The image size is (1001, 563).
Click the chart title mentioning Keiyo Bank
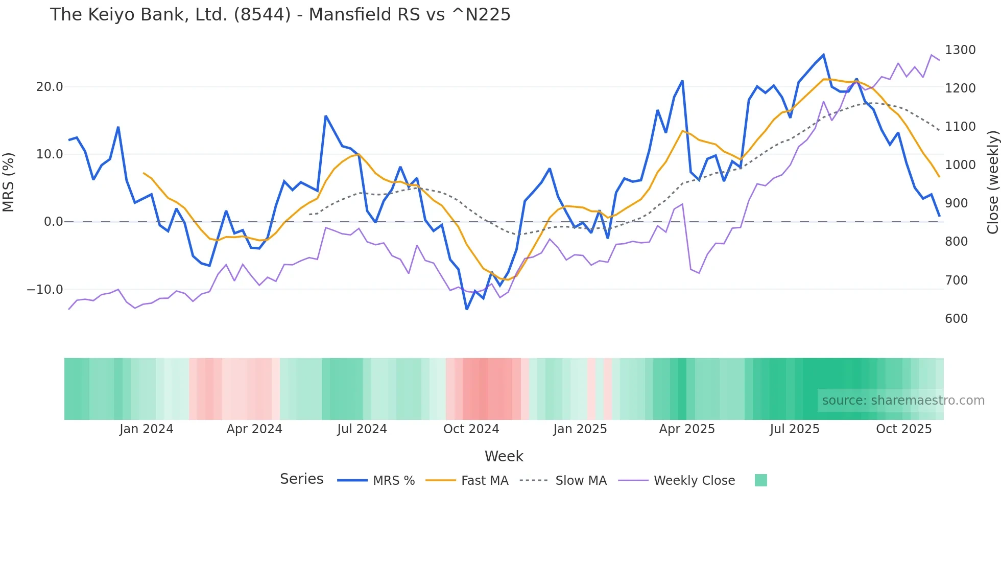[x=280, y=15]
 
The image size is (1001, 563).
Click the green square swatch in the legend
[x=760, y=480]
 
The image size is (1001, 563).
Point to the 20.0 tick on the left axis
[x=50, y=87]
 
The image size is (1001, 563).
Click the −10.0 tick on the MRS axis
[x=45, y=290]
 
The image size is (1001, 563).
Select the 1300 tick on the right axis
[x=960, y=50]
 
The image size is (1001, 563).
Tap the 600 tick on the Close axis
[x=956, y=319]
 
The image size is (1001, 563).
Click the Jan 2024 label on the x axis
[x=147, y=429]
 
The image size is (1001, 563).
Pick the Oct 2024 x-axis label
[x=471, y=429]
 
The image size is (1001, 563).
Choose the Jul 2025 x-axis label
[x=794, y=429]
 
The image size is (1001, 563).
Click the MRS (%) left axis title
[x=9, y=182]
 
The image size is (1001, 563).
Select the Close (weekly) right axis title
[x=992, y=182]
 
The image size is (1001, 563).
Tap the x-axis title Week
[x=504, y=456]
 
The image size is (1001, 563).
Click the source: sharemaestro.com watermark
[x=903, y=401]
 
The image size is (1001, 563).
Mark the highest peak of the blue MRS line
[x=823, y=55]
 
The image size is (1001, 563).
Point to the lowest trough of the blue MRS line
[x=467, y=309]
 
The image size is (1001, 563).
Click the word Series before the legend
[x=301, y=479]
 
